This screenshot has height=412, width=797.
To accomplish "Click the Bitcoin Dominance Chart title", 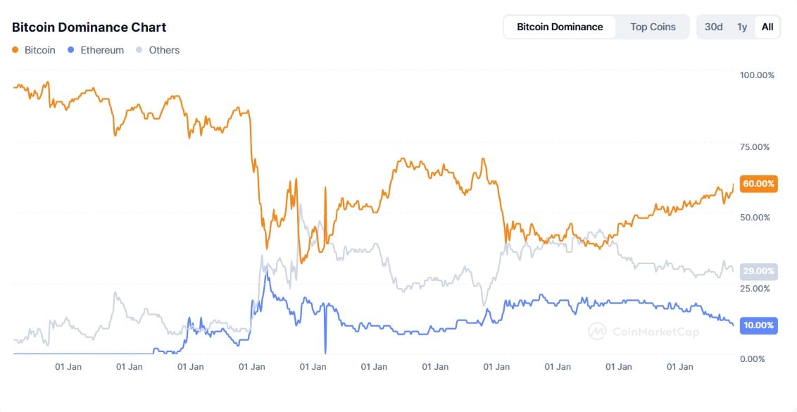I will [x=89, y=27].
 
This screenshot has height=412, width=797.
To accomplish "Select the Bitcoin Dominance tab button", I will [x=560, y=27].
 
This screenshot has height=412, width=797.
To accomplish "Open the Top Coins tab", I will [x=653, y=27].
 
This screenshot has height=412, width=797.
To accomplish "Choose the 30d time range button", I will [x=714, y=27].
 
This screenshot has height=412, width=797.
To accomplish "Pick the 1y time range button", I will [x=742, y=27].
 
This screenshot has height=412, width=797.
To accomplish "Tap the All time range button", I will [x=767, y=27].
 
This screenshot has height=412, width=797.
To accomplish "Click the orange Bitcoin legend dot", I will [x=15, y=50].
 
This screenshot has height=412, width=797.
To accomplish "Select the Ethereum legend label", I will [x=102, y=50].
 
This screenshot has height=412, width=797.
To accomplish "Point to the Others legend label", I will [x=164, y=50].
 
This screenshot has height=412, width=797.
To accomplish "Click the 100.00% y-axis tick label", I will [x=757, y=75].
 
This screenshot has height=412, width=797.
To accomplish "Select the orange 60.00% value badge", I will [x=759, y=184].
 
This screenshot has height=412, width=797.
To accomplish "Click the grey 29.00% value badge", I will [x=759, y=270].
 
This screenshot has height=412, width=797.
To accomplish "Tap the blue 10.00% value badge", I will [x=759, y=325].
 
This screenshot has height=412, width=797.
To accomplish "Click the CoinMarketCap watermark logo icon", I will [x=597, y=331].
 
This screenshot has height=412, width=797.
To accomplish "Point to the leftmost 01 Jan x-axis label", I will [x=69, y=366].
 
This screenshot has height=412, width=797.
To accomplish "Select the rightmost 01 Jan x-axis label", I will [x=679, y=366].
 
